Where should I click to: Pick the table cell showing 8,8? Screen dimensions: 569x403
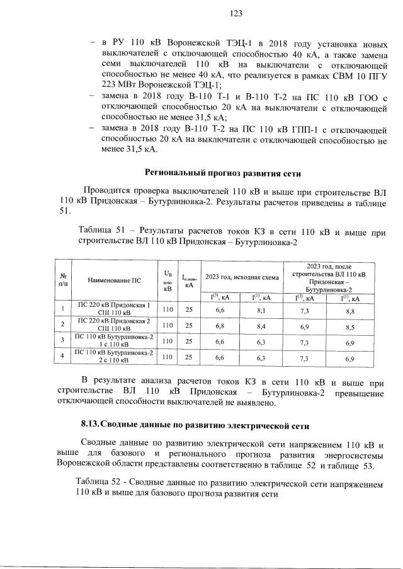[349, 310]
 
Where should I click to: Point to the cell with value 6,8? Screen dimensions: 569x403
[220, 326]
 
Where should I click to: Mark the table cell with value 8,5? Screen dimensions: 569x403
[349, 326]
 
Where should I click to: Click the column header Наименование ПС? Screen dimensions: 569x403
[114, 279]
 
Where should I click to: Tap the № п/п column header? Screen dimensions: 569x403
[63, 279]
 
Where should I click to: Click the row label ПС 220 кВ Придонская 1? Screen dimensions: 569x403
[114, 306]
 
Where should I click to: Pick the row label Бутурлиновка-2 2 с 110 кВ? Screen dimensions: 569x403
[114, 358]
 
